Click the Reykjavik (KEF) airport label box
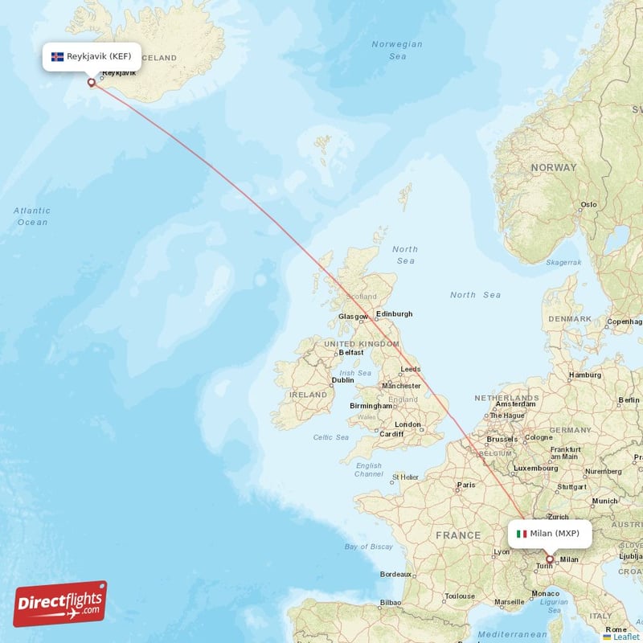pos(92,56)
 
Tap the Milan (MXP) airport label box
pos(549,533)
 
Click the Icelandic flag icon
pos(57,56)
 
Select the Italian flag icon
pos(522,533)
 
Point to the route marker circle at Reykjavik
pos(92,81)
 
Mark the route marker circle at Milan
pos(550,559)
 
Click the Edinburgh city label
pos(394,313)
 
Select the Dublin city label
pos(343,380)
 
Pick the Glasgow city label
pos(353,317)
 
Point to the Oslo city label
pos(589,204)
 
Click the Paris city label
pos(465,485)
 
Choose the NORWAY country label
pos(553,167)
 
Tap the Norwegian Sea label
pos(397,50)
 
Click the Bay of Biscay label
pos(368,547)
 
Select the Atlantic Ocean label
pos(32,216)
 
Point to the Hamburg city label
pos(585,375)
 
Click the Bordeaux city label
pos(396,575)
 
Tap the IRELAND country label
pos(309,395)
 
